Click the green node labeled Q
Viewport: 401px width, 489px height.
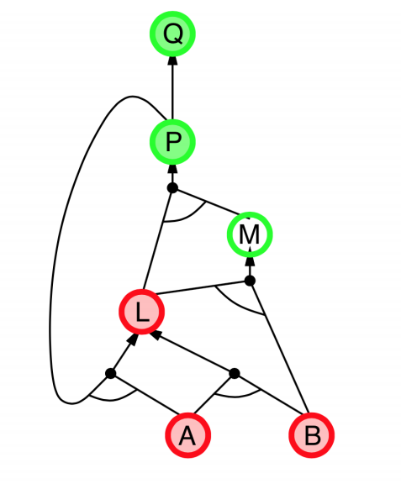[172, 34]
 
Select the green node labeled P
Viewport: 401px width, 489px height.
[172, 142]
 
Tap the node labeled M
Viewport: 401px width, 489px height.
[250, 234]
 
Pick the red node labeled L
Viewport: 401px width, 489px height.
[142, 311]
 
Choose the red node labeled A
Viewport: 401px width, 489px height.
[187, 435]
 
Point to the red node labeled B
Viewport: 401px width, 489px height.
[311, 435]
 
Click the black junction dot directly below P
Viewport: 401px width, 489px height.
[172, 188]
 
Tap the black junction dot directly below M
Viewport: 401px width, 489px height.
[250, 281]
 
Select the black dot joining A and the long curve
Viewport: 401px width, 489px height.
[111, 373]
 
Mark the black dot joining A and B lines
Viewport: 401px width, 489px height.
[235, 373]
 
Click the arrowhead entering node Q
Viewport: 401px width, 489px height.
[172, 60]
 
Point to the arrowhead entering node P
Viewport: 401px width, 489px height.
[172, 169]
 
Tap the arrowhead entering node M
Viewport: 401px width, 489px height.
[250, 261]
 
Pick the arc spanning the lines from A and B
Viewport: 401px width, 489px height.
[237, 396]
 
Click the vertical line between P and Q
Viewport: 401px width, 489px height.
[172, 92]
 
